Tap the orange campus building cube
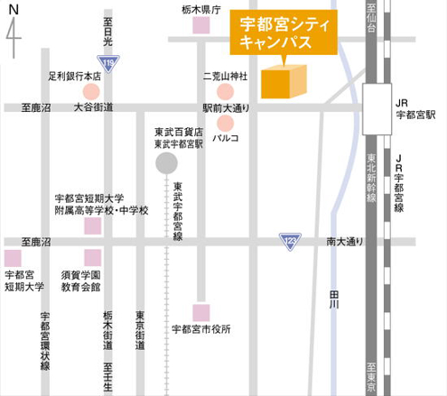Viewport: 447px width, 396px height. (x=284, y=80)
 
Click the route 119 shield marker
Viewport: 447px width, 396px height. (x=109, y=62)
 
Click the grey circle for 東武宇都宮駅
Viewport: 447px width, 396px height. (x=167, y=163)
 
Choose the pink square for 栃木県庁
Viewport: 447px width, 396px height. (x=200, y=26)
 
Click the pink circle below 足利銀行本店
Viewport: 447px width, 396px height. (x=91, y=91)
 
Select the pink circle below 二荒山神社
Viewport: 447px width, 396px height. (x=224, y=91)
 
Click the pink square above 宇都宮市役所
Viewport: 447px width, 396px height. (x=200, y=312)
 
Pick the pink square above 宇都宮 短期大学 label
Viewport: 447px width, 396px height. (x=12, y=256)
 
